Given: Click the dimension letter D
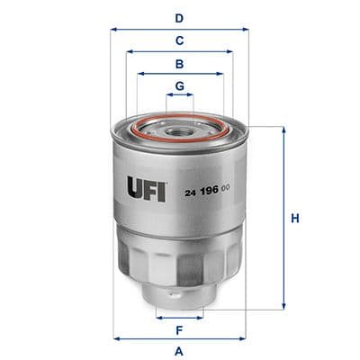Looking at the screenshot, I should pyautogui.click(x=179, y=17).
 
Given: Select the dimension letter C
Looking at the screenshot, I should pyautogui.click(x=179, y=40).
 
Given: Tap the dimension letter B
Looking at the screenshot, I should pyautogui.click(x=179, y=64).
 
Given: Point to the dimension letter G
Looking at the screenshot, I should pyautogui.click(x=179, y=86).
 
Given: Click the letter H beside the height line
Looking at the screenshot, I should pyautogui.click(x=294, y=219).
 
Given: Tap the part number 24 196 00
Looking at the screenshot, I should pyautogui.click(x=209, y=190).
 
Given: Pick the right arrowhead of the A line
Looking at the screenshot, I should pyautogui.click(x=245, y=338).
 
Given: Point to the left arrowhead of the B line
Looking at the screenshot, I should pyautogui.click(x=139, y=75).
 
